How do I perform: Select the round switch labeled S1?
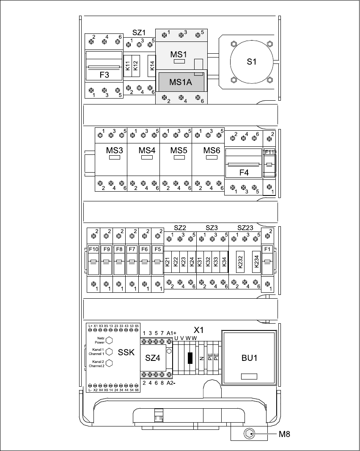(252, 62)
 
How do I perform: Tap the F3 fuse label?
(104, 75)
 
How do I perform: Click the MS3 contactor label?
(115, 150)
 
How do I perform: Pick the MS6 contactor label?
(212, 150)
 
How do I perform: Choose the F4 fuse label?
(244, 173)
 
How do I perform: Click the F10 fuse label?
(93, 249)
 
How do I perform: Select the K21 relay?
(168, 262)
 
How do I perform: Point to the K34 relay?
(224, 262)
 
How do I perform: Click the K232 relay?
(240, 262)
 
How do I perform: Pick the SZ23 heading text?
(245, 228)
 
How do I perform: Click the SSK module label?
(126, 352)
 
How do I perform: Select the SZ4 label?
(153, 358)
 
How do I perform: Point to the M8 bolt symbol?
(249, 433)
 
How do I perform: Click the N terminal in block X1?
(202, 358)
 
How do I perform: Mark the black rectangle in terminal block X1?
(190, 358)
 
